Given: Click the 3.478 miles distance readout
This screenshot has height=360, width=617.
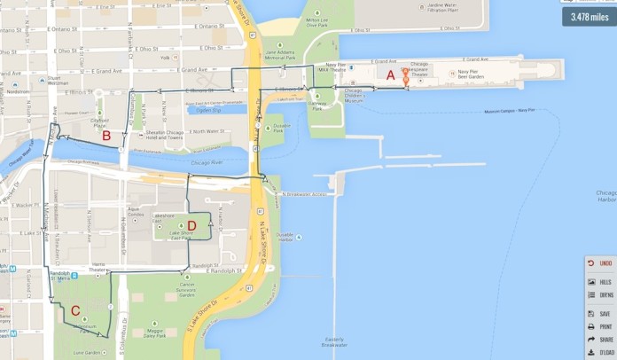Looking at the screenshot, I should point(589,17).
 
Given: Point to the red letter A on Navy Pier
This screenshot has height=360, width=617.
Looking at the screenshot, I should point(390,75).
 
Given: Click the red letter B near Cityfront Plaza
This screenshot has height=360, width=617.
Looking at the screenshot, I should point(106,136).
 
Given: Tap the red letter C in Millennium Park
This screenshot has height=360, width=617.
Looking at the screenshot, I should point(75,310).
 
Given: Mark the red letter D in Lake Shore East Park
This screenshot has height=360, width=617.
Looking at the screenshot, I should point(191,225).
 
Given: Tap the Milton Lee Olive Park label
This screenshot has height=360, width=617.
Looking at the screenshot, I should point(318,22).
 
